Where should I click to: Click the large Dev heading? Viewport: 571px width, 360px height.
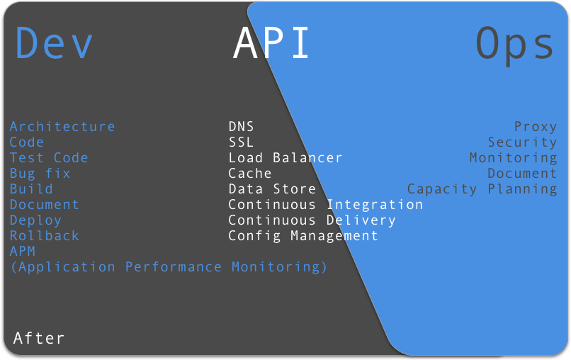pos(54,43)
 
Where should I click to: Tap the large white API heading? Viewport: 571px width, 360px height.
pos(271,43)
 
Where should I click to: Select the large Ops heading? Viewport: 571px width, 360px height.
pos(515,45)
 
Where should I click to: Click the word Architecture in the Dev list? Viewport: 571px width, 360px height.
pos(62,126)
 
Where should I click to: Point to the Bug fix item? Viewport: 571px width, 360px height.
pos(40,174)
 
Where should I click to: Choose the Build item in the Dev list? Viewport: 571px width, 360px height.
pos(31,189)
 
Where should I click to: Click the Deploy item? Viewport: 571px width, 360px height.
pos(35,221)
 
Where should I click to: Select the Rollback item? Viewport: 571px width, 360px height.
pos(45,236)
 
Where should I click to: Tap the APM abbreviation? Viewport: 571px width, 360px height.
pos(23,252)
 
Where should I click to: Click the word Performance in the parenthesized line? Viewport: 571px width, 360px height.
pos(174,267)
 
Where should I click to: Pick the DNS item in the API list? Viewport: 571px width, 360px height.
pos(241,126)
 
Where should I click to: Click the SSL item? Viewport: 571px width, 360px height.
pos(241,142)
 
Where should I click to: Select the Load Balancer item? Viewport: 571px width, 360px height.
pos(285,158)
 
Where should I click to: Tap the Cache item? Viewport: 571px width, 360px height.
pos(250,174)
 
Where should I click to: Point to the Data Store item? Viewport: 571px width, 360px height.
pos(272,189)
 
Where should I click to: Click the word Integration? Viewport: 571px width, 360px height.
pos(375,205)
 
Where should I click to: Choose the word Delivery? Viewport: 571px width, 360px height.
pos(361,221)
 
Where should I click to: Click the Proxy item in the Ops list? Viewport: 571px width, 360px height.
pos(536,127)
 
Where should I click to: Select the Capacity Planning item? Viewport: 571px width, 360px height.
pos(482,189)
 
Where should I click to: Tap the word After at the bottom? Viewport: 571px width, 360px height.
pos(38,338)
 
